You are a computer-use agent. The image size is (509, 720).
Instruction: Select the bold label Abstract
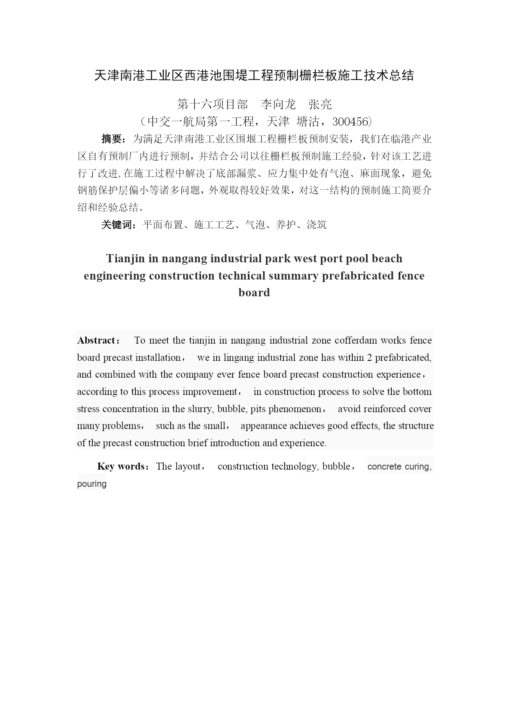(97, 340)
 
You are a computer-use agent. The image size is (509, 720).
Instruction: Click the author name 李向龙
(278, 105)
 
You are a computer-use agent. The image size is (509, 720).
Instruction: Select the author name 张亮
(320, 105)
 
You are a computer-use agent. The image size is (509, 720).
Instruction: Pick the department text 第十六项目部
(212, 105)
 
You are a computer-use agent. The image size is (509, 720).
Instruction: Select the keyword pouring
(92, 484)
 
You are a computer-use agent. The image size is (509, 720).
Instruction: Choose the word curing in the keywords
(417, 467)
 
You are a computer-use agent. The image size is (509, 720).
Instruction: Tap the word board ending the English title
(254, 292)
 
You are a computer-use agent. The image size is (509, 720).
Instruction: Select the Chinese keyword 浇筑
(317, 225)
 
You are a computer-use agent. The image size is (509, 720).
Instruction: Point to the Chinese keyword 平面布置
(162, 225)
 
